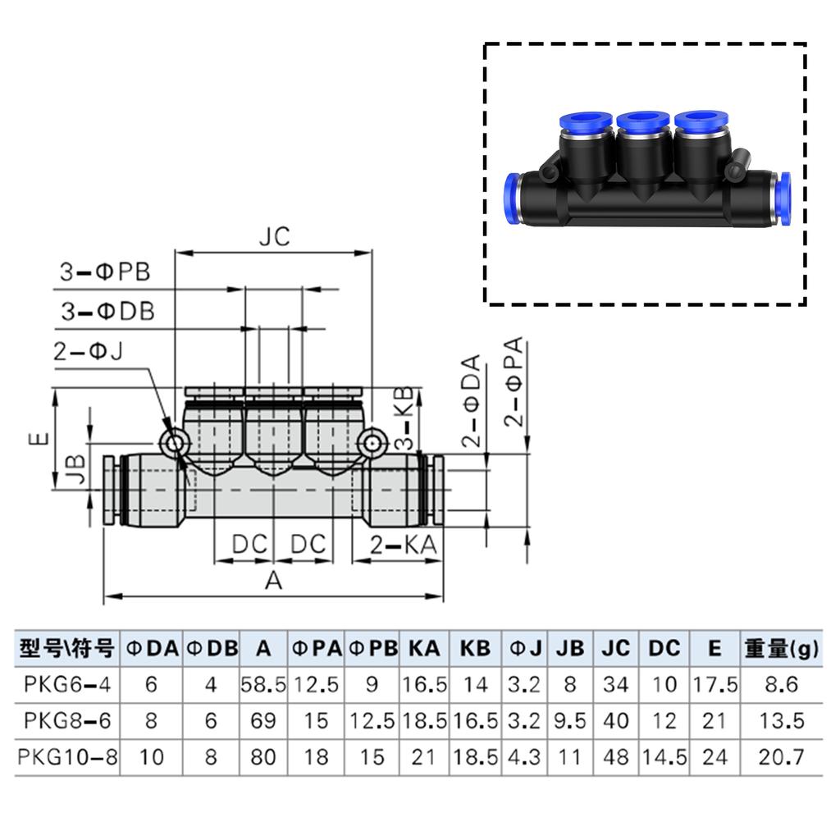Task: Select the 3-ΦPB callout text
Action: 104,272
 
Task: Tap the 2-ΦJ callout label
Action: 88,352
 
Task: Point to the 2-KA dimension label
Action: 403,544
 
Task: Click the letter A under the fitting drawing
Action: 273,581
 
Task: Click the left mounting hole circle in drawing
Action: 174,443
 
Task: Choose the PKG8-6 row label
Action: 67,721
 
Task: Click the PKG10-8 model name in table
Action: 67,757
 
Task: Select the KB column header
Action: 475,649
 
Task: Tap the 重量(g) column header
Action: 781,649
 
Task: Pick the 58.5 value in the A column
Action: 262,685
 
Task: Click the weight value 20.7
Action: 781,757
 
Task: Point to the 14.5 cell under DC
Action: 664,757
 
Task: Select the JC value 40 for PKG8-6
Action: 615,721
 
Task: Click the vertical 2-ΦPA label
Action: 515,383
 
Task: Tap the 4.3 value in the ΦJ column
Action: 524,757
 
